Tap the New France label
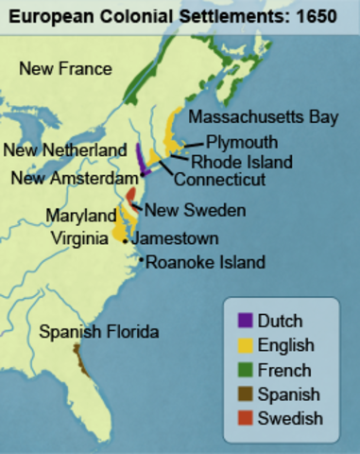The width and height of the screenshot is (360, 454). tap(65, 68)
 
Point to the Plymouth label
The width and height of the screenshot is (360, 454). tap(242, 142)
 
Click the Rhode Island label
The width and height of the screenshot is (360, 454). tap(241, 162)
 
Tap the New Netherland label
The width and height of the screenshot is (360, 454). tap(64, 150)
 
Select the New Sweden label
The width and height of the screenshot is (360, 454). tap(195, 210)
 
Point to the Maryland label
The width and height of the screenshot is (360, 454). tap(80, 217)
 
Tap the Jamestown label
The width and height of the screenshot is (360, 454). tap(175, 239)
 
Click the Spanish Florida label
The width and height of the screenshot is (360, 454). tap(98, 332)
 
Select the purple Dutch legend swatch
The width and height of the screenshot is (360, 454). tap(246, 321)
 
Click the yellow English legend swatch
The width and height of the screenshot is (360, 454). tap(246, 345)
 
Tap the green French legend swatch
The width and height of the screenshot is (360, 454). tap(246, 370)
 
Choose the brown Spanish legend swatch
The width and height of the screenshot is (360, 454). tap(246, 394)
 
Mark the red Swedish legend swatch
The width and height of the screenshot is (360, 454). tap(246, 418)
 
